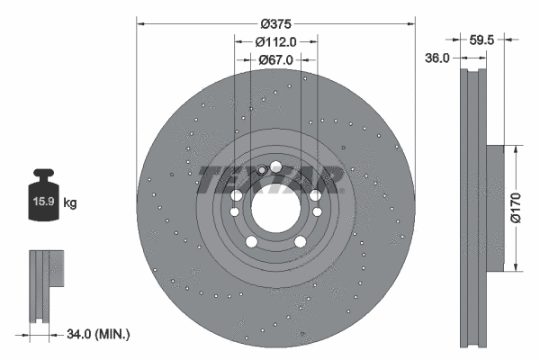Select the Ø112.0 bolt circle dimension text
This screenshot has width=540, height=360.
(x=275, y=41)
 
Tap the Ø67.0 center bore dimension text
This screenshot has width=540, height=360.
(x=275, y=60)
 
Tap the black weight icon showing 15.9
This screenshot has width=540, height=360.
(x=44, y=193)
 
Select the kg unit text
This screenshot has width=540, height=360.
(x=70, y=203)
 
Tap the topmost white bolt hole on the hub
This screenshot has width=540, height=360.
(x=275, y=166)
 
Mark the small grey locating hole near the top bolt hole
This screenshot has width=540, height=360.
(x=262, y=169)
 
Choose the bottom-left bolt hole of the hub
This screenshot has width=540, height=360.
(x=250, y=241)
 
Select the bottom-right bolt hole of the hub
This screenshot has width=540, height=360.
(x=300, y=241)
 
